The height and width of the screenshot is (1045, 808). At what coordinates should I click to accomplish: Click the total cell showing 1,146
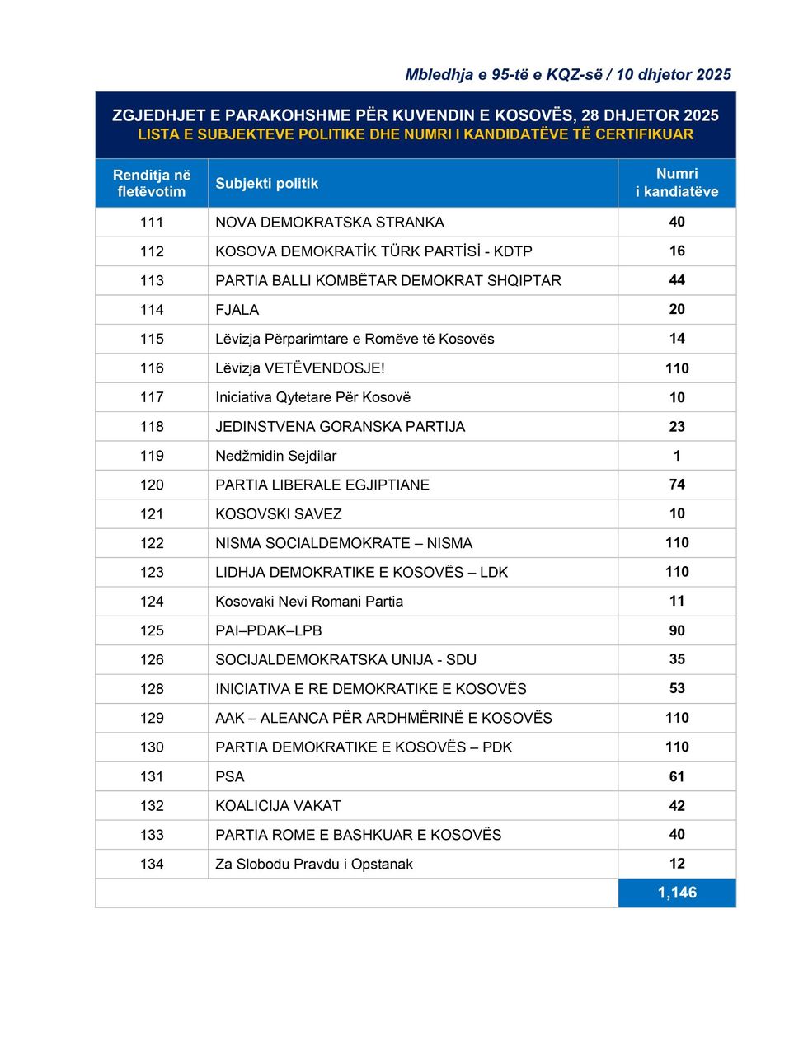677,893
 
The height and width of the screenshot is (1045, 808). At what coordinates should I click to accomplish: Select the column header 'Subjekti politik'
266,183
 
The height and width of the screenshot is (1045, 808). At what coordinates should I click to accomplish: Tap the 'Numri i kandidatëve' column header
677,183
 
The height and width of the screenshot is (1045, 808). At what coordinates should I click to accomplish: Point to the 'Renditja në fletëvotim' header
152,183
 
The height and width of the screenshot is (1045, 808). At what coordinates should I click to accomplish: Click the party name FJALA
237,310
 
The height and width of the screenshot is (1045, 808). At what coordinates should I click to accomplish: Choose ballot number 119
152,456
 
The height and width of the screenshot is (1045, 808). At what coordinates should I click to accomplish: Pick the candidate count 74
677,485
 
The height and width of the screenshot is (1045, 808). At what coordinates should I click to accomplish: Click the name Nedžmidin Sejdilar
275,456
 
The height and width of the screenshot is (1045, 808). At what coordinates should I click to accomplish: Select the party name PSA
230,776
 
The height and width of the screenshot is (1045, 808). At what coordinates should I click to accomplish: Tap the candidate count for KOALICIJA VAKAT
677,805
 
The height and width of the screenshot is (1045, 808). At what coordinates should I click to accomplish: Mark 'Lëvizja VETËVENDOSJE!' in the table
300,368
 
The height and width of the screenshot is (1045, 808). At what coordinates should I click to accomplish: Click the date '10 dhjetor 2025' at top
674,74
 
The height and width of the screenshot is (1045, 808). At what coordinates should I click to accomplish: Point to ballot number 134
152,864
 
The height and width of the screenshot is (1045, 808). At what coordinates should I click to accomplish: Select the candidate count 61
677,776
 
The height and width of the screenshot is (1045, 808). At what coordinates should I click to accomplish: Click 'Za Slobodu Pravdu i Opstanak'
314,864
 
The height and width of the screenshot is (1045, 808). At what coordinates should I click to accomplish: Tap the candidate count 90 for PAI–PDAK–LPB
677,630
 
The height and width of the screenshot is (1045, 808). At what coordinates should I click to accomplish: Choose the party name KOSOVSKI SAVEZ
279,514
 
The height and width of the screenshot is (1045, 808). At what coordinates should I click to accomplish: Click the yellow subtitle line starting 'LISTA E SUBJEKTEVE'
416,134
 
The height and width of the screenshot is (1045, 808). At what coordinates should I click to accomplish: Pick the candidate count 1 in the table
677,456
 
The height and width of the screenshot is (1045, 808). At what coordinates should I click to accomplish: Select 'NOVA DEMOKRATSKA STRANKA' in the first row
330,223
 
